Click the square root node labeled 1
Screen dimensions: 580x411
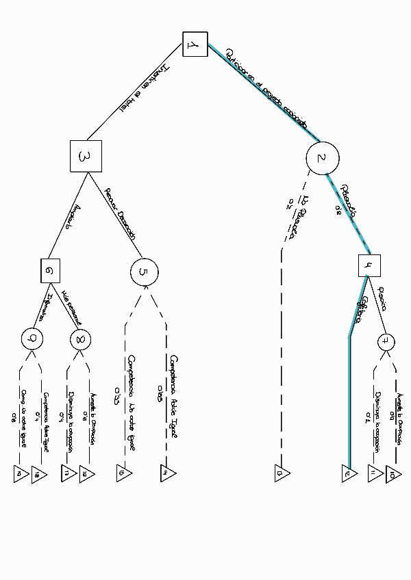pos(194,45)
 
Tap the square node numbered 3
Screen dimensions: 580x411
pos(86,156)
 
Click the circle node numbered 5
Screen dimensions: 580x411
pos(144,272)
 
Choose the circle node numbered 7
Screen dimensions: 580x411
pos(386,340)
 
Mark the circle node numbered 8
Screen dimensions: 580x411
pos(80,338)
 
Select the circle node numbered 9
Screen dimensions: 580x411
pos(32,337)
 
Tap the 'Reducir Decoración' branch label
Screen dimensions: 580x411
pos(120,213)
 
